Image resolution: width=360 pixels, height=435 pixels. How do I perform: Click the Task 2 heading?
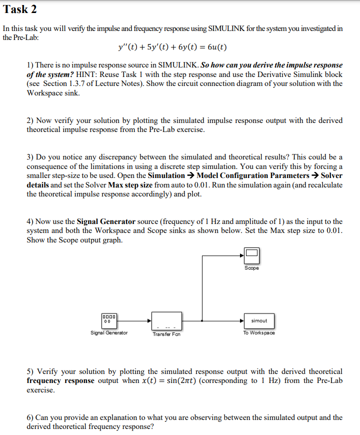point(19,9)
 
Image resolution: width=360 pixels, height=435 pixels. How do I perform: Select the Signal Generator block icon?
point(109,320)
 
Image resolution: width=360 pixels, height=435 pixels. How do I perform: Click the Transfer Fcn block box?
point(167,320)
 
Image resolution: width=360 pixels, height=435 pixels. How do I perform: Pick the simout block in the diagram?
point(259,320)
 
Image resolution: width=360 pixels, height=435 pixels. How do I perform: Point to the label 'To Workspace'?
point(259,333)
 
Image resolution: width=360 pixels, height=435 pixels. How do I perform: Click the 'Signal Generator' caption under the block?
point(109,333)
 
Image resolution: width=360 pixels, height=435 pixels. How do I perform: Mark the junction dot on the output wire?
point(201,320)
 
